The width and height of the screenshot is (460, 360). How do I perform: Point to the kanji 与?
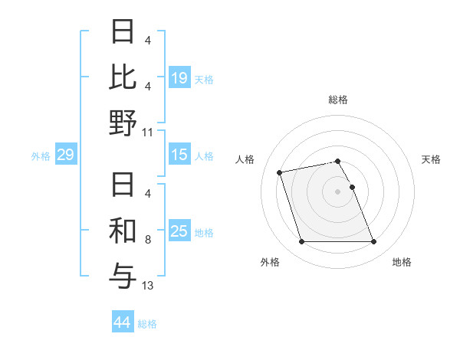pos(123,275)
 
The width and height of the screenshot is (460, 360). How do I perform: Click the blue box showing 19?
pos(179,77)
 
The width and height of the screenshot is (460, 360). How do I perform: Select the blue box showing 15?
pos(179,155)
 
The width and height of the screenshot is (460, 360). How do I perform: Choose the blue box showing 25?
pos(179,231)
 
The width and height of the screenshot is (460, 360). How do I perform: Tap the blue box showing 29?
pos(65,155)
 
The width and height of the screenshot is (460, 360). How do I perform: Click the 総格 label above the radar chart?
pos(338,100)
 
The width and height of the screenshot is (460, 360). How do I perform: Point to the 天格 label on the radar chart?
pos(431,159)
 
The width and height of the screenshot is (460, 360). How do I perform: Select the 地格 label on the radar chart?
pos(402,262)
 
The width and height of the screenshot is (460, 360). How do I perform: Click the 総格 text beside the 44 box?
pos(147,324)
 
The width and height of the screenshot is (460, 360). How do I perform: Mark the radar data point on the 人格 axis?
pos(280,172)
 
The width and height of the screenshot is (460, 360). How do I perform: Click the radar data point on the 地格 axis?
pos(373,242)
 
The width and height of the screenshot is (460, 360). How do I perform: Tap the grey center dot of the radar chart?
pos(338,191)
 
